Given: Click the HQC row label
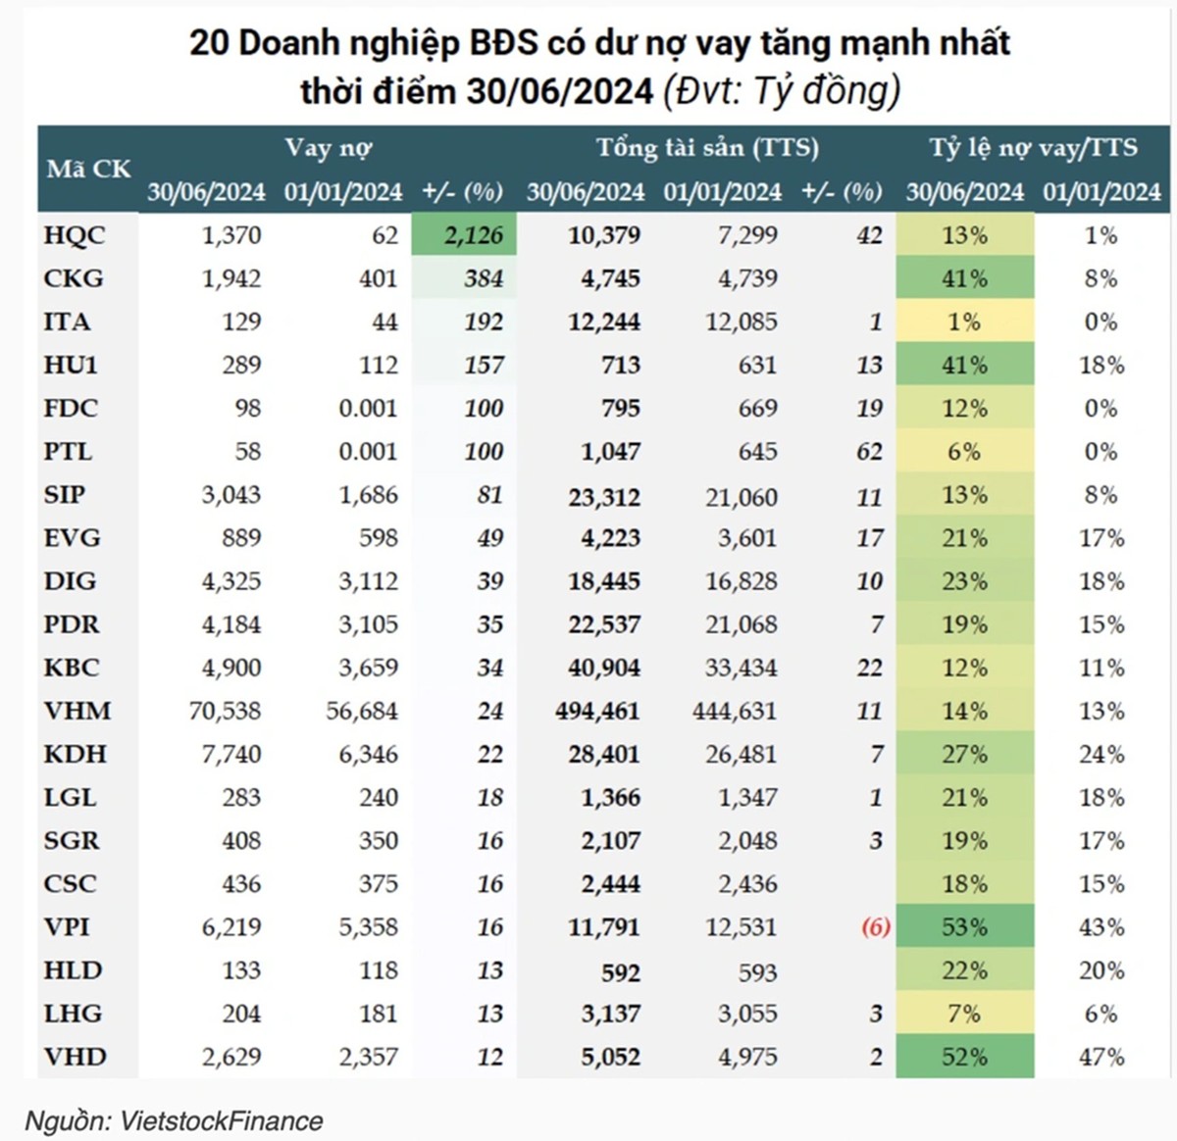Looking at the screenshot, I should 75,235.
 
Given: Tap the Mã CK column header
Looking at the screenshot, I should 88,169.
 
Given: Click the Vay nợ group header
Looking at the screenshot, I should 328,148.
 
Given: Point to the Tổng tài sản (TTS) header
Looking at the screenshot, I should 706,148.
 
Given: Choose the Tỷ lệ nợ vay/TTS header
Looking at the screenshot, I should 1033,148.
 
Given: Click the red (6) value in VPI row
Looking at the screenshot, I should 876,927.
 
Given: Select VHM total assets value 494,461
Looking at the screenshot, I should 597,711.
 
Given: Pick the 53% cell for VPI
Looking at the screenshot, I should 964,927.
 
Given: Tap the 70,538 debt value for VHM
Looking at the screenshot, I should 225,711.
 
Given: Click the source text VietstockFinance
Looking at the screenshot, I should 221,1120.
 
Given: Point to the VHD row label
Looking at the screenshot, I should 76,1057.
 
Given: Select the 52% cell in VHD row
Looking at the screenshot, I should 964,1057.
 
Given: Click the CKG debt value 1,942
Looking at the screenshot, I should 231,278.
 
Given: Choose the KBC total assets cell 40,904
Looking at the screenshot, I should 604,668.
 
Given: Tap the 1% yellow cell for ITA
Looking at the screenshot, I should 964,322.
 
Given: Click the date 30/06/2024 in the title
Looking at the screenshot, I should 560,91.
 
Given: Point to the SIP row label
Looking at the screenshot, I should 65,495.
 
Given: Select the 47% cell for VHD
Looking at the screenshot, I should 1101,1057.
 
